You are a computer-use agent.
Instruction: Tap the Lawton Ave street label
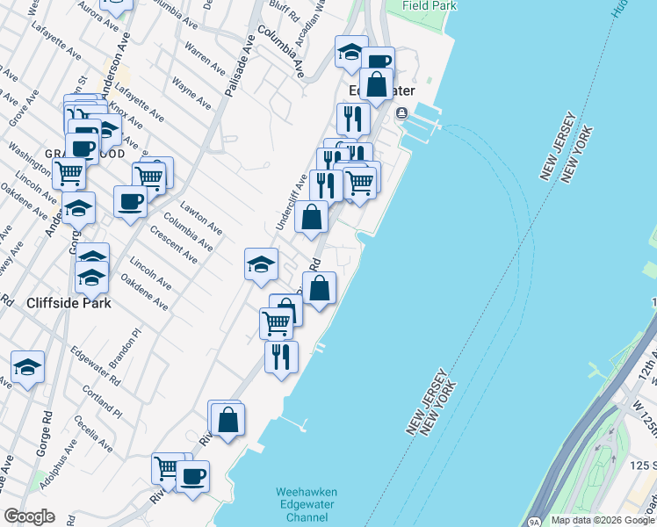[x=201, y=219]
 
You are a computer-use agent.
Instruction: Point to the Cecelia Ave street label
[x=95, y=430]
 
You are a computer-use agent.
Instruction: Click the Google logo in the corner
[x=29, y=516]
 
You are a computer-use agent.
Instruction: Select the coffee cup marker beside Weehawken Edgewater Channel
[x=191, y=476]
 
